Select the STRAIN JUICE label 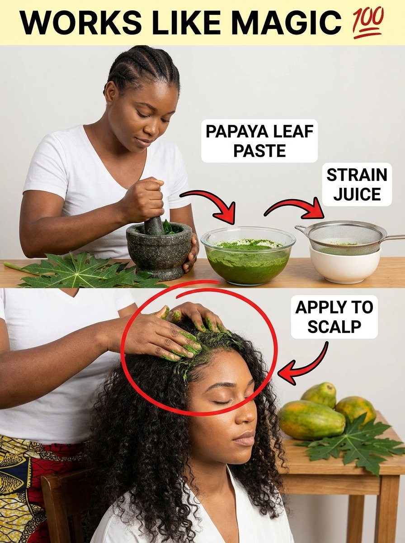click(x=357, y=185)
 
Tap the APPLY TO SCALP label click(x=334, y=317)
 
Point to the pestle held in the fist click(x=154, y=224)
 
